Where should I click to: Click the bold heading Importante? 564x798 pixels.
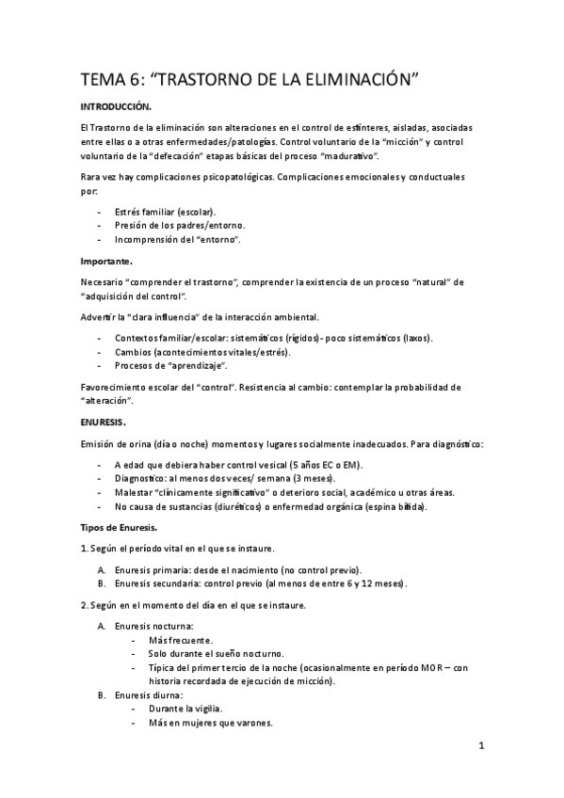tap(106, 259)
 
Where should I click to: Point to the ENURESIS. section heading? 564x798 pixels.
tap(104, 423)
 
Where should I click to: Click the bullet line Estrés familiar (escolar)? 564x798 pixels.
tap(165, 211)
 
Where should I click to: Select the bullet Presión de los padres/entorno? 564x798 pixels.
tap(179, 225)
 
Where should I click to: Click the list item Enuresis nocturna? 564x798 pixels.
tap(154, 626)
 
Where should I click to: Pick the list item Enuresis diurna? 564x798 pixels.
tap(150, 695)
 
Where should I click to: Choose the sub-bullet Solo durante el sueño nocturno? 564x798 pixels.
tap(216, 653)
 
